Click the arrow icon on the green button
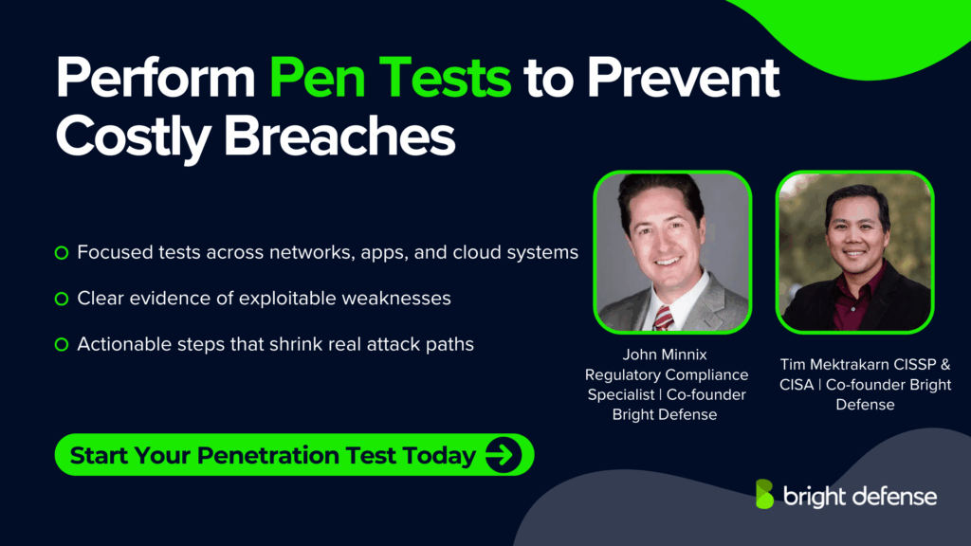click(504, 455)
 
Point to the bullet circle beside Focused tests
click(62, 253)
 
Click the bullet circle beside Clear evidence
click(62, 299)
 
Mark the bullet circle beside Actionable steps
click(62, 344)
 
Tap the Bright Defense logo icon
click(764, 495)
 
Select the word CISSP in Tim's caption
click(910, 365)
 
